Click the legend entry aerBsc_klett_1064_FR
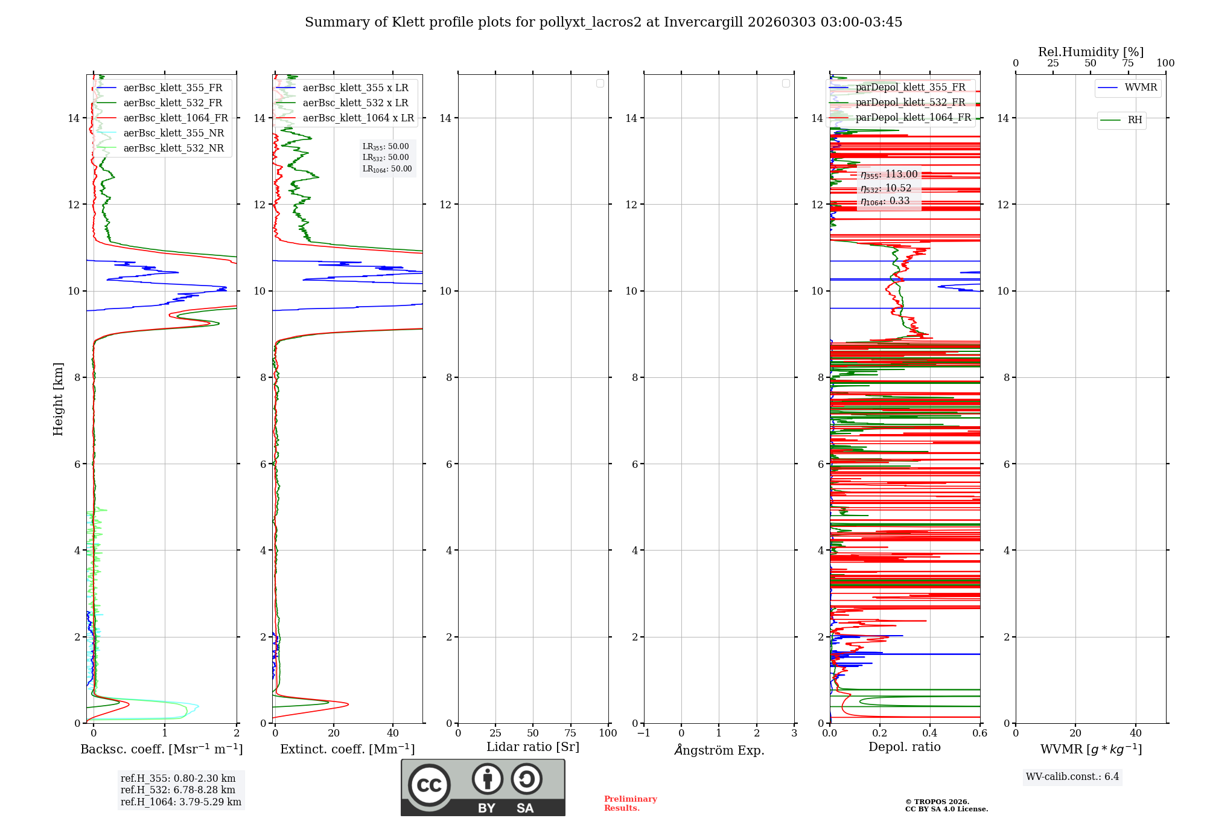point(176,118)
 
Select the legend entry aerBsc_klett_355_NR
point(173,133)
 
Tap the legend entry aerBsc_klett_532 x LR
point(355,103)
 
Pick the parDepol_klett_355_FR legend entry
point(910,88)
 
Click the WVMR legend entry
point(1141,88)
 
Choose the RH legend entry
point(1135,120)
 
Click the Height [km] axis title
point(58,399)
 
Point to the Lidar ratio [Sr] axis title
point(532,747)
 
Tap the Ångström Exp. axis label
point(719,750)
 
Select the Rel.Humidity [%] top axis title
point(1091,52)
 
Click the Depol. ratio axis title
point(904,747)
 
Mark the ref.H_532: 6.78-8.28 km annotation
point(178,790)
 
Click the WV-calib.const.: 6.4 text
point(1072,777)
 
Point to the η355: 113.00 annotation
point(889,174)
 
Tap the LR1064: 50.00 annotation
point(387,169)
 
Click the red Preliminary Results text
point(630,803)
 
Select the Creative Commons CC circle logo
point(429,785)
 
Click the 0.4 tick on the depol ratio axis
point(930,733)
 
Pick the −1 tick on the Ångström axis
point(644,733)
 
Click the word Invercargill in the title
point(703,22)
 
